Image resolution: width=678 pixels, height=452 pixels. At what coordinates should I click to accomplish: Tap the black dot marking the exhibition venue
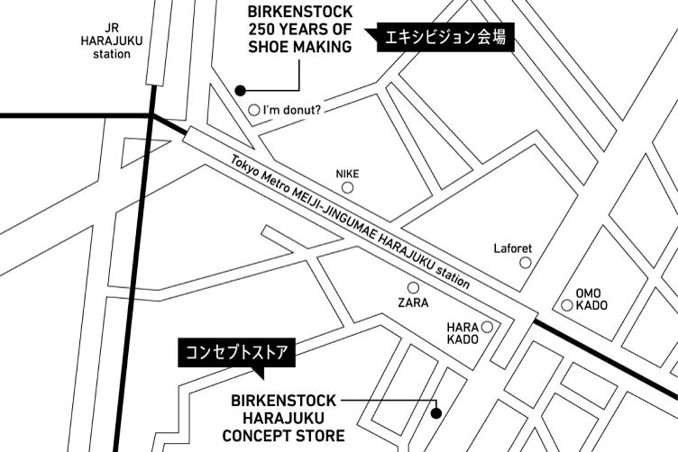[x=241, y=90]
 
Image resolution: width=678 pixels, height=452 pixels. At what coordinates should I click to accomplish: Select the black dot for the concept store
[x=435, y=415]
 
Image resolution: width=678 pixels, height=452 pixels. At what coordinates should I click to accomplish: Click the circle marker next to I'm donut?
[x=253, y=111]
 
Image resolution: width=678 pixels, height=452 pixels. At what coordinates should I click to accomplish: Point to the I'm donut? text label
[x=294, y=112]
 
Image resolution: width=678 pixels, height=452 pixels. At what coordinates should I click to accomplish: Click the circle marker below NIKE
[x=347, y=187]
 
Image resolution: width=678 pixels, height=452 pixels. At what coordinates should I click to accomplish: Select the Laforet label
[x=513, y=249]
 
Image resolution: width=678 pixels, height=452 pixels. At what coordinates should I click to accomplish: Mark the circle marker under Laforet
[x=526, y=263]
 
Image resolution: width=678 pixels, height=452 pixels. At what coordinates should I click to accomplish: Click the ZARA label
[x=413, y=303]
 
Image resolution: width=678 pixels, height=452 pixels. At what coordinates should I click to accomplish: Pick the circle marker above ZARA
[x=413, y=287]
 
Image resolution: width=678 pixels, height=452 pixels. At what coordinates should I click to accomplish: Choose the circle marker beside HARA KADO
[x=487, y=327]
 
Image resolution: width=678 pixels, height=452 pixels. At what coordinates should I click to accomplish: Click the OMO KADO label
[x=592, y=299]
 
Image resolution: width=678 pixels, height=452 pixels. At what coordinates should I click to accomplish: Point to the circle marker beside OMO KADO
[x=567, y=305]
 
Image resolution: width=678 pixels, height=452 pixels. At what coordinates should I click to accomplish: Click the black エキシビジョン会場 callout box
[x=441, y=37]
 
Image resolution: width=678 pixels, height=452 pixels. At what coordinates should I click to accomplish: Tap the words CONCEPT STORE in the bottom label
[x=284, y=437]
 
